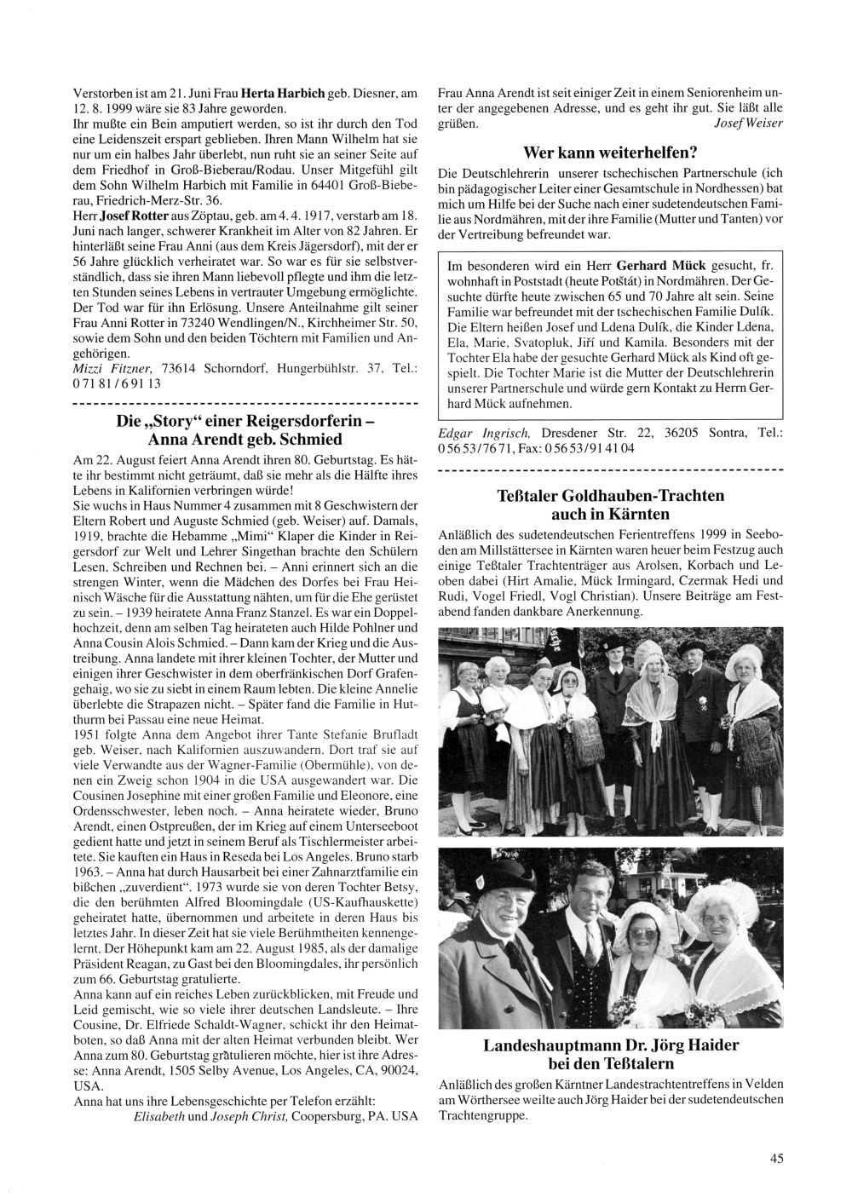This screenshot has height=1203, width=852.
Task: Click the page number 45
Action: pyautogui.click(x=776, y=1157)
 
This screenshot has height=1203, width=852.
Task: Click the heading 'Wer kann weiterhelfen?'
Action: pyautogui.click(x=610, y=153)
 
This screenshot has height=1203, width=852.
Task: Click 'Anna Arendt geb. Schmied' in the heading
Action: pyautogui.click(x=245, y=440)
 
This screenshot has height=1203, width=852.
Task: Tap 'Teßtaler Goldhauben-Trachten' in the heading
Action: pyautogui.click(x=610, y=495)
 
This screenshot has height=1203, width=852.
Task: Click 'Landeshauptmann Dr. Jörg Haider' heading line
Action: pyautogui.click(x=610, y=1045)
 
